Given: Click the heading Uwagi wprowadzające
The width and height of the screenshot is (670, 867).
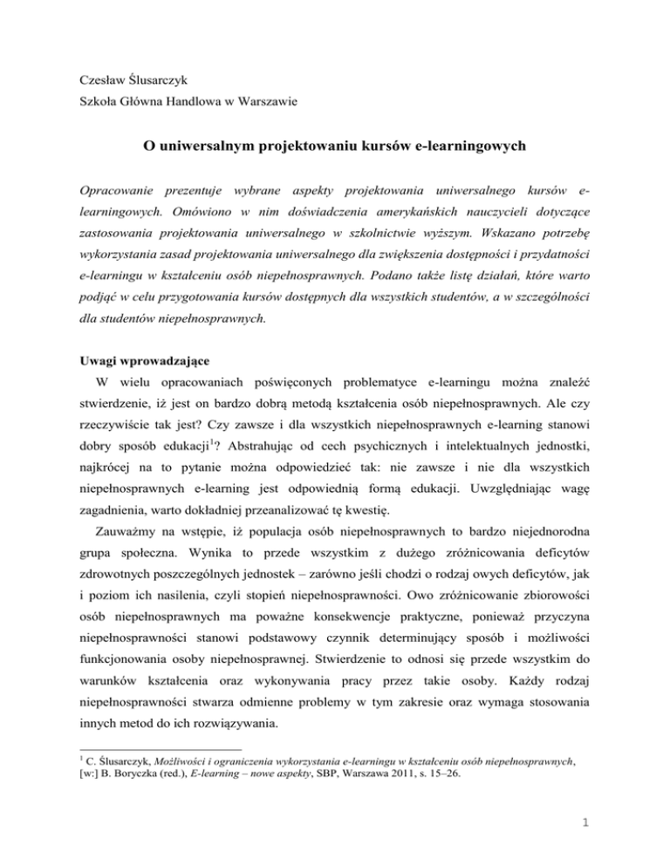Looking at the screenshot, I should tap(139, 358).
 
